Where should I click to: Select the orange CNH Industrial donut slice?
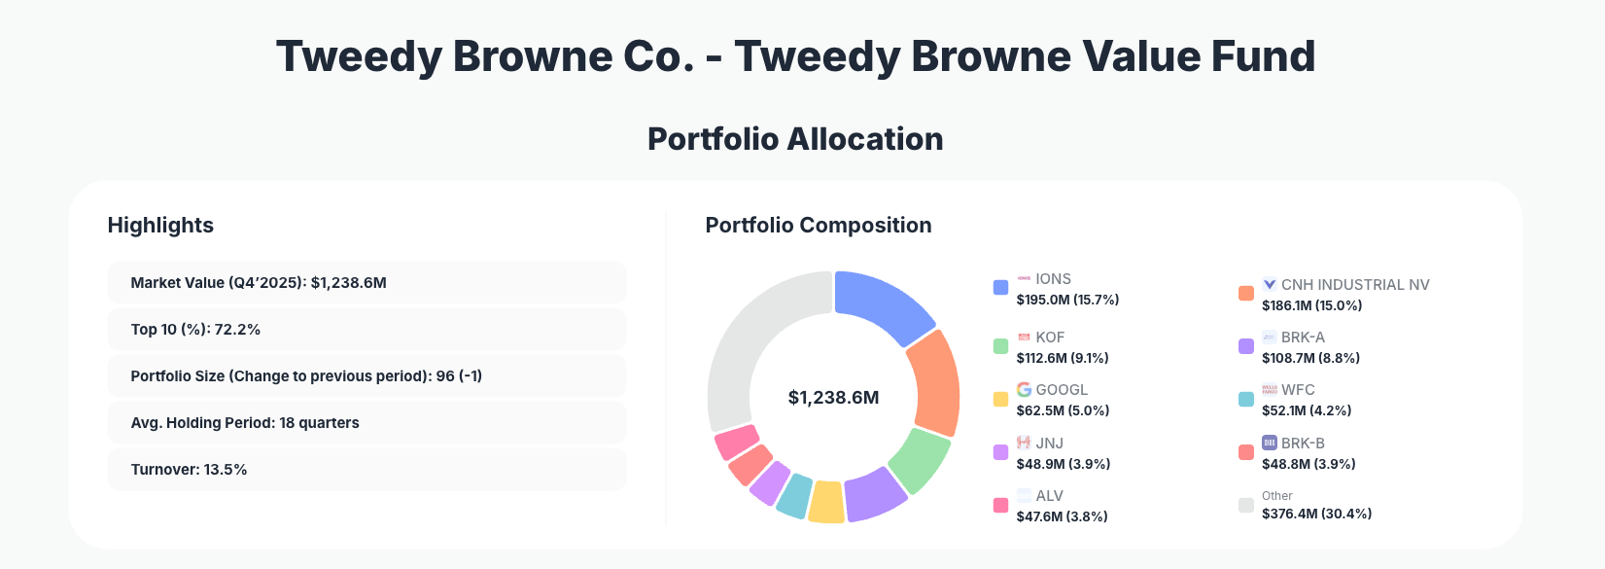pyautogui.click(x=934, y=383)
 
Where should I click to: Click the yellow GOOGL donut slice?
pyautogui.click(x=826, y=502)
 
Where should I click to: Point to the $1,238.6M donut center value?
pyautogui.click(x=833, y=398)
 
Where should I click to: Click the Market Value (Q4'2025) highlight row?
pyautogui.click(x=366, y=283)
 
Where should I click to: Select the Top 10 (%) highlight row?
pyautogui.click(x=366, y=330)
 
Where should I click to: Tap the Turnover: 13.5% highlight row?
pyautogui.click(x=366, y=470)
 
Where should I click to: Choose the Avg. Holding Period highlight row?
pyautogui.click(x=366, y=423)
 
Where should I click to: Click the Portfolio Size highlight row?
pyautogui.click(x=366, y=376)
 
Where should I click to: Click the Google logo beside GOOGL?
pyautogui.click(x=1024, y=390)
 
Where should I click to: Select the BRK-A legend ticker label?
pyautogui.click(x=1303, y=338)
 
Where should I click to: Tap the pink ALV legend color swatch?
pyautogui.click(x=1000, y=506)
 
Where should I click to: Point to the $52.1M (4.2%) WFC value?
pyautogui.click(x=1306, y=410)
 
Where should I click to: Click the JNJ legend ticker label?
pyautogui.click(x=1049, y=444)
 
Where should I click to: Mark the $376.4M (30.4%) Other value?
pyautogui.click(x=1316, y=514)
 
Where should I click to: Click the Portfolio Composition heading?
pyautogui.click(x=818, y=226)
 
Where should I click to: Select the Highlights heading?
pyautogui.click(x=160, y=226)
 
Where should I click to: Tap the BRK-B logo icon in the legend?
pyautogui.click(x=1269, y=444)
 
